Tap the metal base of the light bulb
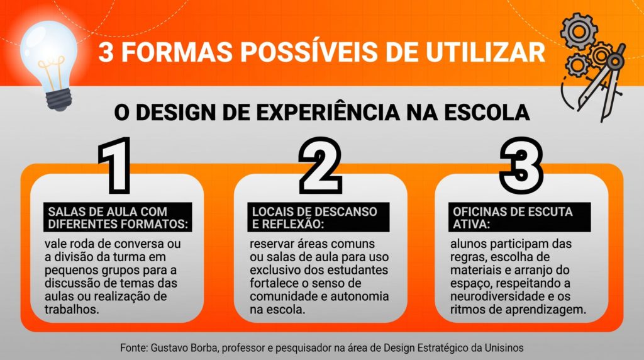coord(58,99)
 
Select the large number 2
coord(320,165)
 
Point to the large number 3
coord(521,165)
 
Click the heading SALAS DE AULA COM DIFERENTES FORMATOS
coord(118,218)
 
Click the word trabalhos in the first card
coord(72,309)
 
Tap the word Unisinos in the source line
coord(504,347)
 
